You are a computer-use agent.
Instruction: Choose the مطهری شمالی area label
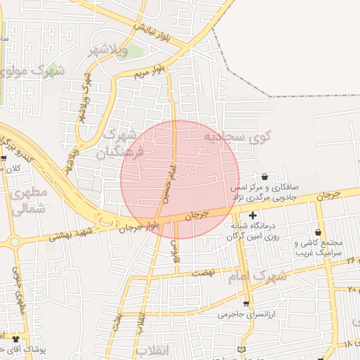(30, 200)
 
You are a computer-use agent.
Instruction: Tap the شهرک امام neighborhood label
(258, 276)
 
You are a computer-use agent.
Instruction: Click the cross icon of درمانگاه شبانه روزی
(252, 214)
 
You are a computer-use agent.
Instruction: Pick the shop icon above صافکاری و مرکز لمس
(264, 176)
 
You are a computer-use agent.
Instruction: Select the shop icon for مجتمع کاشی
(319, 233)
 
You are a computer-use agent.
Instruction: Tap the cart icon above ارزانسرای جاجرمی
(245, 304)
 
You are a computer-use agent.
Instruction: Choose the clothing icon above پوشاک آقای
(15, 339)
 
